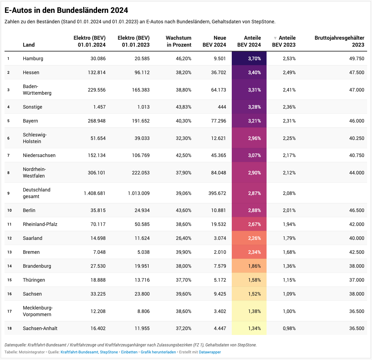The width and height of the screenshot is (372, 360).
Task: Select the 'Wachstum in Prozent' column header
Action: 179,41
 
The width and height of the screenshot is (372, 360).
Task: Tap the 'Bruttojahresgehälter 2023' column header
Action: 339,41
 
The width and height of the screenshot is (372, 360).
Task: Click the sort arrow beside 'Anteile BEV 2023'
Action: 275,38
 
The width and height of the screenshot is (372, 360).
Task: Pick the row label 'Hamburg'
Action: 33,58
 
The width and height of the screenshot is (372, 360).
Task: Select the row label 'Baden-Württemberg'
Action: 37,89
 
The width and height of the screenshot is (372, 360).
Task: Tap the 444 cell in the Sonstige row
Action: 221,107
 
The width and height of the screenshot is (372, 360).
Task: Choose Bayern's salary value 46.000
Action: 357,121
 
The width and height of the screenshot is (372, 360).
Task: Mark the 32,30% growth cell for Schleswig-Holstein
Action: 183,138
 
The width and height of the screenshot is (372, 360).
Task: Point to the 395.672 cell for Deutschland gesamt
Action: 216,193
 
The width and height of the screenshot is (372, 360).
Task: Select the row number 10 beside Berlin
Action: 9,211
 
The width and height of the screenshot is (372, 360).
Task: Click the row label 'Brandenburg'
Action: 37,266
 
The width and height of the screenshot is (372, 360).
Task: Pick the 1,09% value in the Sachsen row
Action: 289,294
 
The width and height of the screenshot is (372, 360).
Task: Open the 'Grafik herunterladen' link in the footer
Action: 158,352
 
